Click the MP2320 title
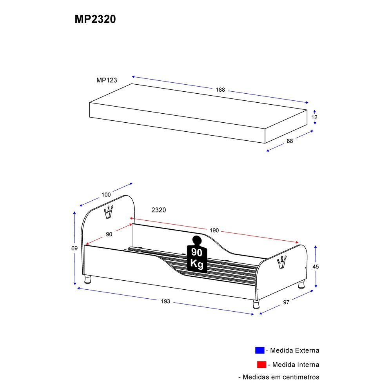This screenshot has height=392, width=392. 95,20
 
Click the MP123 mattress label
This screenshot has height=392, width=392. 107,80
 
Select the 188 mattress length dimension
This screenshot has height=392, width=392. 220,90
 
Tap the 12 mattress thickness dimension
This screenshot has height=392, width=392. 314,117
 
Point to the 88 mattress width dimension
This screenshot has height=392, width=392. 290,141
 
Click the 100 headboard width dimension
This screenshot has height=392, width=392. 106,194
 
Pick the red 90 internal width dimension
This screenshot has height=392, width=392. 109,234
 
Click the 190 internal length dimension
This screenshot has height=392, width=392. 214,230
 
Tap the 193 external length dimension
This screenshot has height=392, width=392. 166,301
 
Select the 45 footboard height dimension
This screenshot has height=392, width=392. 316,267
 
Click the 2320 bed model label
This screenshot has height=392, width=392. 159,210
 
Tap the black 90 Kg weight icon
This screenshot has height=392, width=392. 196,254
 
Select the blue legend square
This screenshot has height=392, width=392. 260,350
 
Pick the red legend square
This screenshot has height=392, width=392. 261,365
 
